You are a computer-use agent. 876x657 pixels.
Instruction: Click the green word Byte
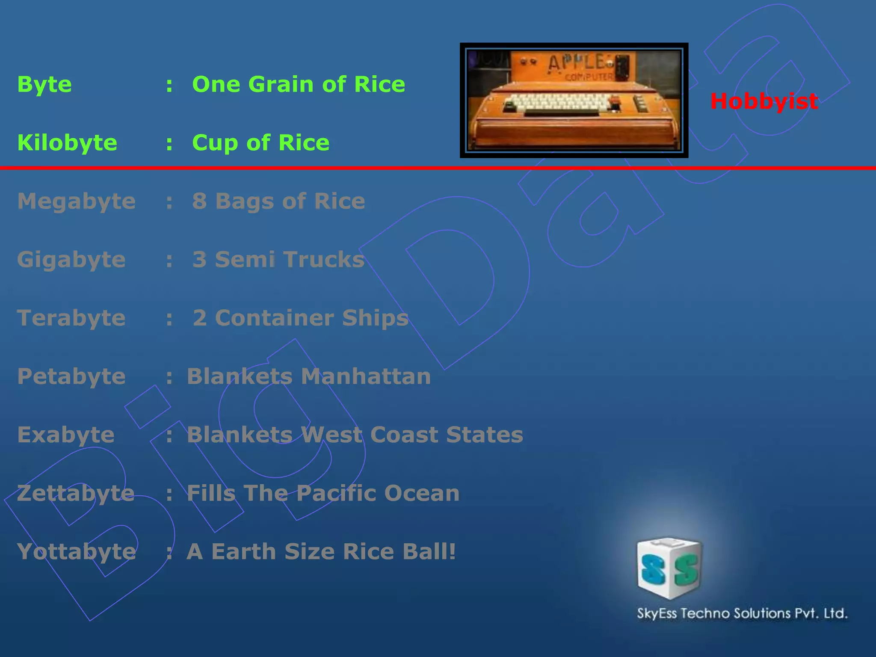pos(44,85)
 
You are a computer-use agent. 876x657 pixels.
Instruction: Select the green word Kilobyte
pos(67,142)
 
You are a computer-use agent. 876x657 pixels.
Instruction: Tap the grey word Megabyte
pos(76,201)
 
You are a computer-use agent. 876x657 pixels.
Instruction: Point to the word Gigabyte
pos(71,260)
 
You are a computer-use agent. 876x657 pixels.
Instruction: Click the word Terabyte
pos(71,318)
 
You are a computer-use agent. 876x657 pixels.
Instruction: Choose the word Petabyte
pos(71,376)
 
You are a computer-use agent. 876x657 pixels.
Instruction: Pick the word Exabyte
pos(66,435)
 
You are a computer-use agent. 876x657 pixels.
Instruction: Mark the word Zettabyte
pos(76,493)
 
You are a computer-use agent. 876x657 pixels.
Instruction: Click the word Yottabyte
pos(76,552)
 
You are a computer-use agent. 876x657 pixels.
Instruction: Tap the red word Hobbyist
pos(764,101)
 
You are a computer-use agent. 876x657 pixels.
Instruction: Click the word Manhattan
pos(366,376)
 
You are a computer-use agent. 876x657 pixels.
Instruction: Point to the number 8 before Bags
pos(199,201)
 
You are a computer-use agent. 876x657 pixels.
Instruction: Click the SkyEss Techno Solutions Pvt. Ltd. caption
pos(742,613)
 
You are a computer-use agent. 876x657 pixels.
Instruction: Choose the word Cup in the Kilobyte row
pos(215,143)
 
